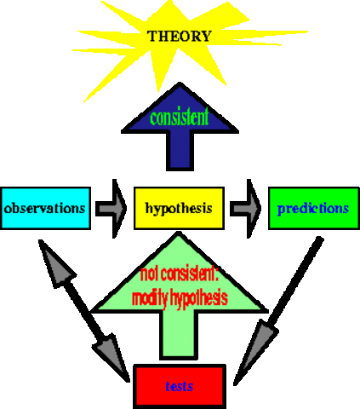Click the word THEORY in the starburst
pyautogui.click(x=180, y=37)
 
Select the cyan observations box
pyautogui.click(x=45, y=208)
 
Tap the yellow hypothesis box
pyautogui.click(x=179, y=208)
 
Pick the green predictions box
pyautogui.click(x=309, y=208)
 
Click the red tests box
pyautogui.click(x=180, y=386)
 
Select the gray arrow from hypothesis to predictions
pyautogui.click(x=246, y=208)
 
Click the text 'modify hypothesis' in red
pyautogui.click(x=180, y=298)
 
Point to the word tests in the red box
pyautogui.click(x=180, y=386)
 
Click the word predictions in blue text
pyautogui.click(x=309, y=208)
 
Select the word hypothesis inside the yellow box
pyautogui.click(x=179, y=208)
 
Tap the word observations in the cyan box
pyautogui.click(x=45, y=208)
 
